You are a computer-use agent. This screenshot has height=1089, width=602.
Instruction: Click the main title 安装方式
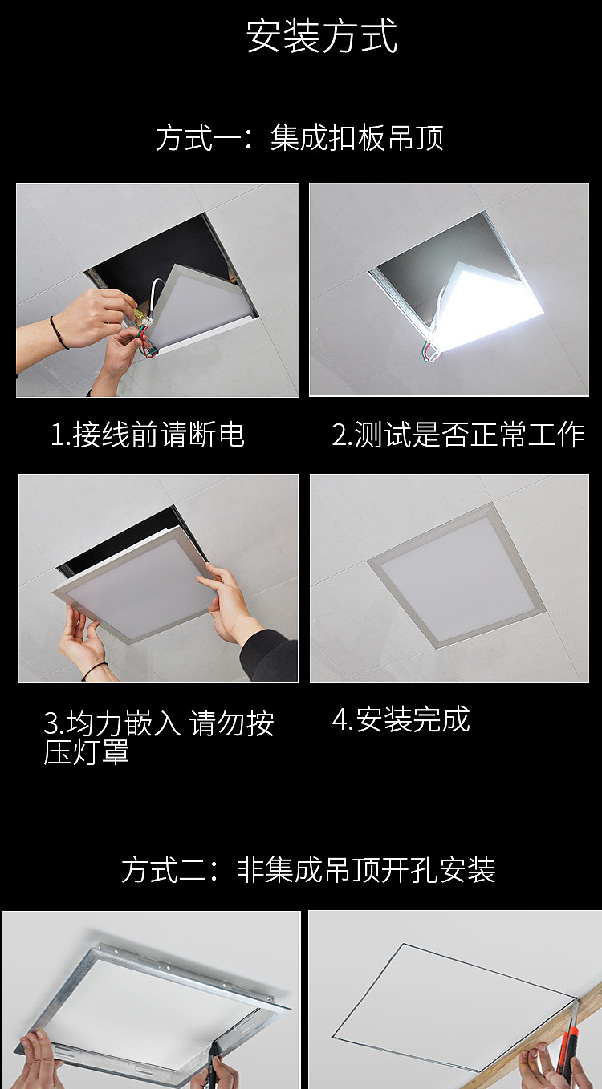point(321,36)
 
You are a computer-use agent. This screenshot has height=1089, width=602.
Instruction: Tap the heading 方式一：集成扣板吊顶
point(299,138)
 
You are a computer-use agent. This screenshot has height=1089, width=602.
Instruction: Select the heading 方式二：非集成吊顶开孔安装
point(308,870)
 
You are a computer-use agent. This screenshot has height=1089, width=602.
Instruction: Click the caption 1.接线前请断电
point(148,435)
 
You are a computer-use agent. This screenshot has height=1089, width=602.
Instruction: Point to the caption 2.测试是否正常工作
point(458,435)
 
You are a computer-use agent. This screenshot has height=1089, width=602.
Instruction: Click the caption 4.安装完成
point(401,719)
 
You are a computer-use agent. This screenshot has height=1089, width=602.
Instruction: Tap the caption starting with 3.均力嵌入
point(158,737)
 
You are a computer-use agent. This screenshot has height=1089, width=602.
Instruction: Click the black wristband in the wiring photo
point(58,332)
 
